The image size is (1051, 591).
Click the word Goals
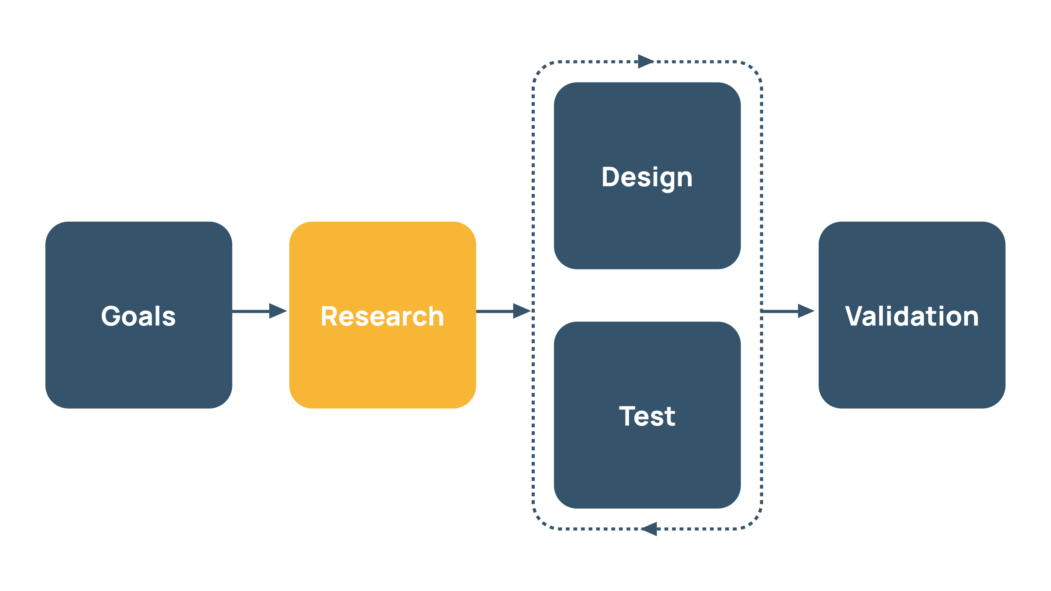pyautogui.click(x=138, y=316)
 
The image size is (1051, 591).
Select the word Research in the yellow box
pyautogui.click(x=382, y=316)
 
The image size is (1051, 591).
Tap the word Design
pyautogui.click(x=647, y=177)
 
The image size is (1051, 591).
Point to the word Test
pyautogui.click(x=647, y=416)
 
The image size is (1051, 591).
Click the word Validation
pyautogui.click(x=912, y=316)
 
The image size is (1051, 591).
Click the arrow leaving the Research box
pyautogui.click(x=504, y=311)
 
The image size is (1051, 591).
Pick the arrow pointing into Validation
pyautogui.click(x=787, y=311)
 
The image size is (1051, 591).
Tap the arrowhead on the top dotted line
pyautogui.click(x=646, y=62)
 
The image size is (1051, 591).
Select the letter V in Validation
pyautogui.click(x=855, y=316)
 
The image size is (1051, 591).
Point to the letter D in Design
pyautogui.click(x=611, y=177)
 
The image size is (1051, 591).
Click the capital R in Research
pyautogui.click(x=329, y=316)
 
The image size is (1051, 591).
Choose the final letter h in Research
pyautogui.click(x=436, y=316)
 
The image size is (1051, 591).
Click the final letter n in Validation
pyautogui.click(x=970, y=318)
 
